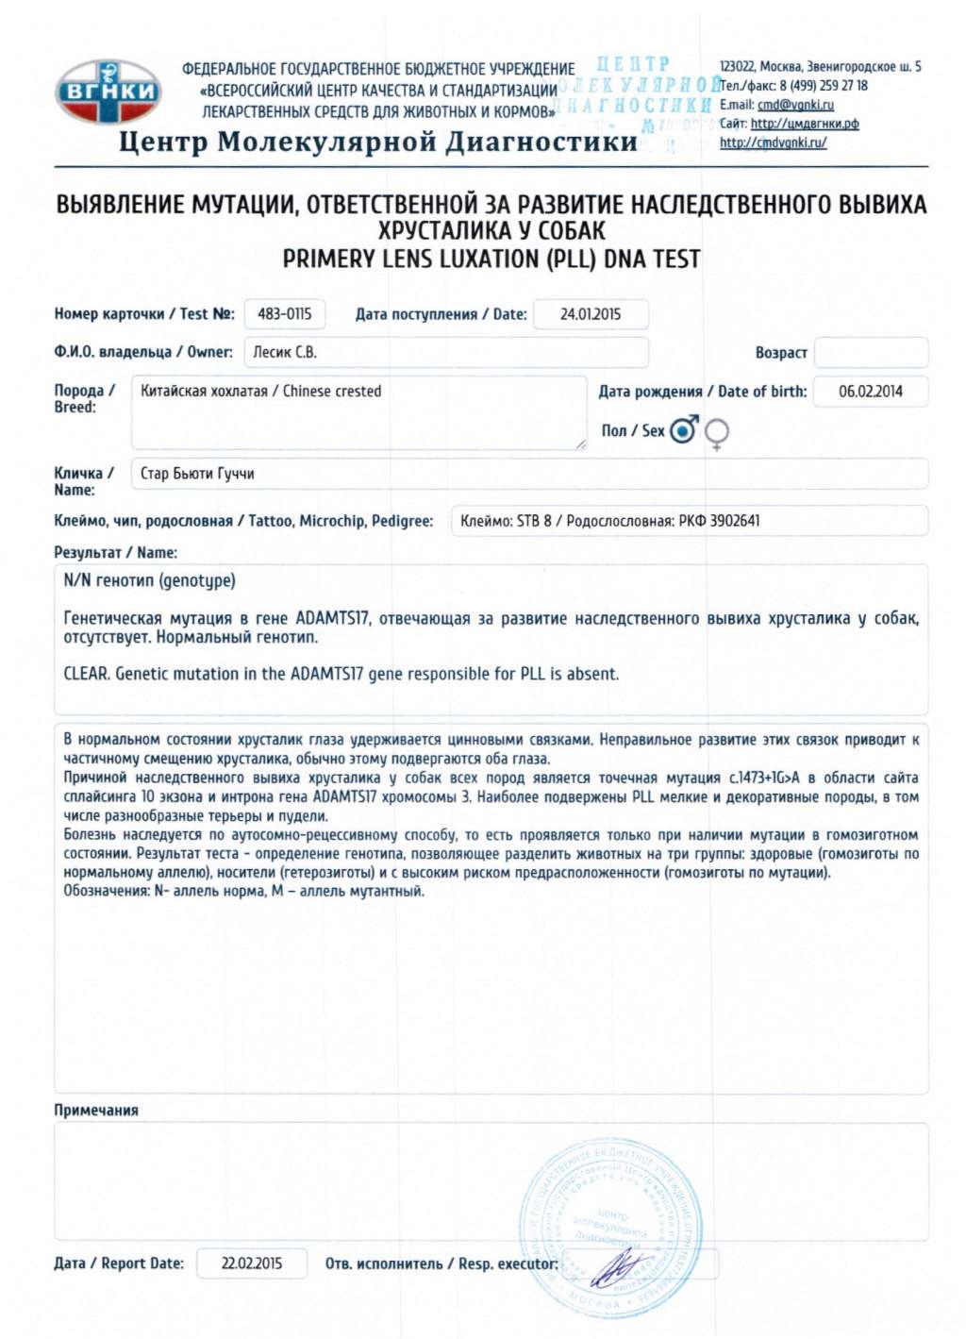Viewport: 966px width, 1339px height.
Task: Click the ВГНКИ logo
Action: tap(108, 92)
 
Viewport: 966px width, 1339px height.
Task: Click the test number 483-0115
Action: tap(284, 314)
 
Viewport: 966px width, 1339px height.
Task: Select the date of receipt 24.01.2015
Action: tap(591, 314)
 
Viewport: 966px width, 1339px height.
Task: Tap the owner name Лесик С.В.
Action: tap(285, 352)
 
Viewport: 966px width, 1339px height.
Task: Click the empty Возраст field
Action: tap(871, 353)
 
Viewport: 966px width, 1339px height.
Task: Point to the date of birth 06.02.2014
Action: tap(870, 392)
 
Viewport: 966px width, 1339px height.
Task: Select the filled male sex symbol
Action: tap(683, 430)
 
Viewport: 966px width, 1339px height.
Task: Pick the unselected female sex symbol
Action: tap(717, 432)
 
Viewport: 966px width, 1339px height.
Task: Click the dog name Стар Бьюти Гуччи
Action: tap(197, 474)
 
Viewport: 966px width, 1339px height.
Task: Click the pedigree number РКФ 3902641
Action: tap(719, 521)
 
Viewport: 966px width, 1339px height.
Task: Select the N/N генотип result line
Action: tap(149, 580)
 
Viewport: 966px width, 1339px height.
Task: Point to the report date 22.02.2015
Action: tap(251, 1264)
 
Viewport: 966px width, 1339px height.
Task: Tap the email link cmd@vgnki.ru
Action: tap(795, 105)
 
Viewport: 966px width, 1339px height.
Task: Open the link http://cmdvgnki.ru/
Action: tap(773, 142)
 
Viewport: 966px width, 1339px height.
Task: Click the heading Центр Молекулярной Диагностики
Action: tap(378, 142)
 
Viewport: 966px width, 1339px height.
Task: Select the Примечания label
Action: tap(96, 1111)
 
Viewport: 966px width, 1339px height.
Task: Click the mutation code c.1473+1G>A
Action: tap(763, 778)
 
